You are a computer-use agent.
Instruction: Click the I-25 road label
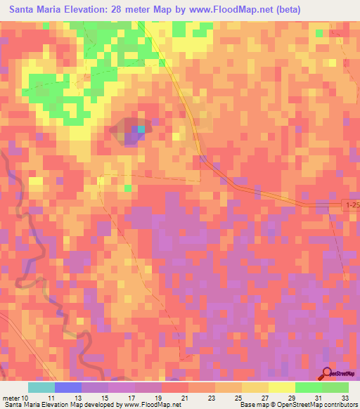352,204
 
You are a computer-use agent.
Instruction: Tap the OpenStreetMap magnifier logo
328,373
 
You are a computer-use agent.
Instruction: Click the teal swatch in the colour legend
41,387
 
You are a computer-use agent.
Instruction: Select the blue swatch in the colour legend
68,387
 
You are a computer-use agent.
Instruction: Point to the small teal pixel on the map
141,129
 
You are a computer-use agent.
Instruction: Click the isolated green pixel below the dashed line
128,188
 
